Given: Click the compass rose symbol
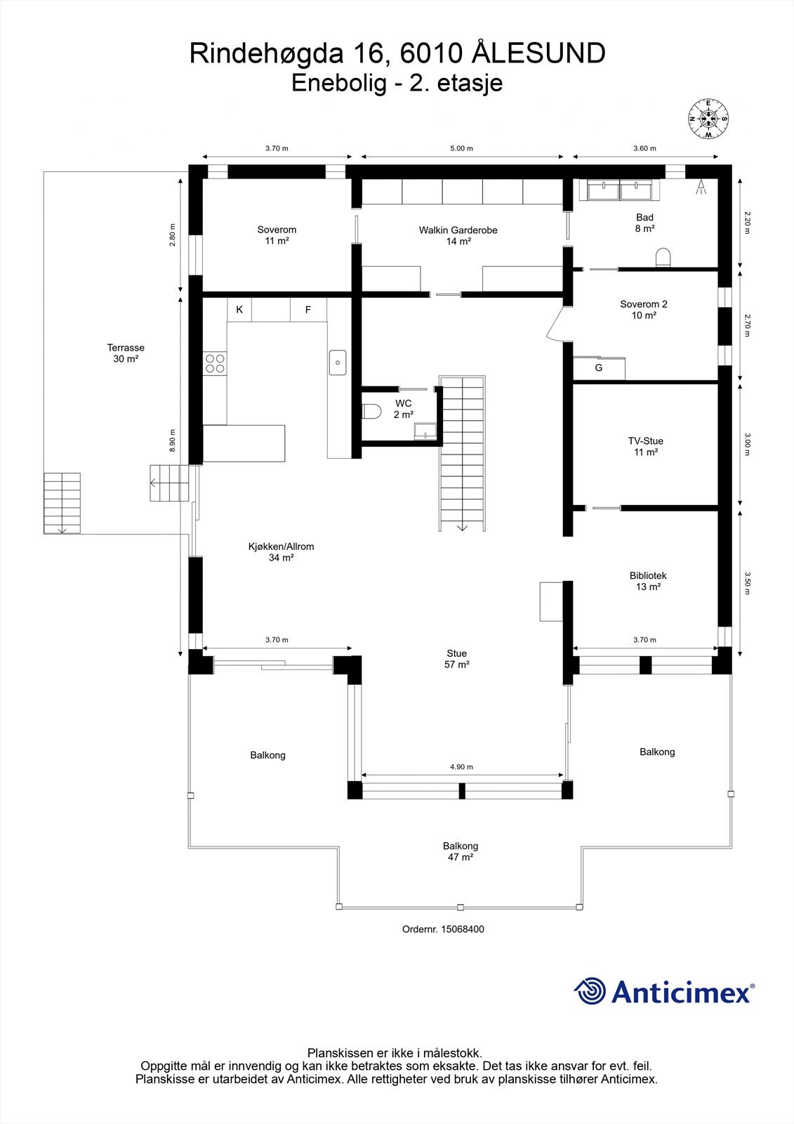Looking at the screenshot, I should (x=708, y=119).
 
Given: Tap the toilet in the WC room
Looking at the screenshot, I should (x=370, y=411).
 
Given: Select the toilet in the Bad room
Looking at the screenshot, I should (x=663, y=258).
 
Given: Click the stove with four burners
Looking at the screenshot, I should (x=215, y=363).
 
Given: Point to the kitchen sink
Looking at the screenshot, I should (x=338, y=362).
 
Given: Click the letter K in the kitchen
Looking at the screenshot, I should (x=239, y=309).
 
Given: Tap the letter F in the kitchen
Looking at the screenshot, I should (x=307, y=309).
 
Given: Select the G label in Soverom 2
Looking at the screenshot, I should (x=599, y=367).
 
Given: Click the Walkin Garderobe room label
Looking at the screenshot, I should (x=458, y=230).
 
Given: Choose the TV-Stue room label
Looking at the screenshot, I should (x=645, y=441).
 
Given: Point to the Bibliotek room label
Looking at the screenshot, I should (x=647, y=575).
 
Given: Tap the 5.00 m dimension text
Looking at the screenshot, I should (x=461, y=148).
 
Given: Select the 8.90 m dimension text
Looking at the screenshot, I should (x=173, y=441).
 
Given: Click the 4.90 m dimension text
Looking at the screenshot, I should (x=461, y=766).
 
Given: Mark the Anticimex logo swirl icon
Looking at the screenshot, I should (x=590, y=991).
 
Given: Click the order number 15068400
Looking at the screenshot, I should (x=462, y=929).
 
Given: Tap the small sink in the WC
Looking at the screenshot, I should (x=424, y=431).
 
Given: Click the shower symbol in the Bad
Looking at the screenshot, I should (x=700, y=186).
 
